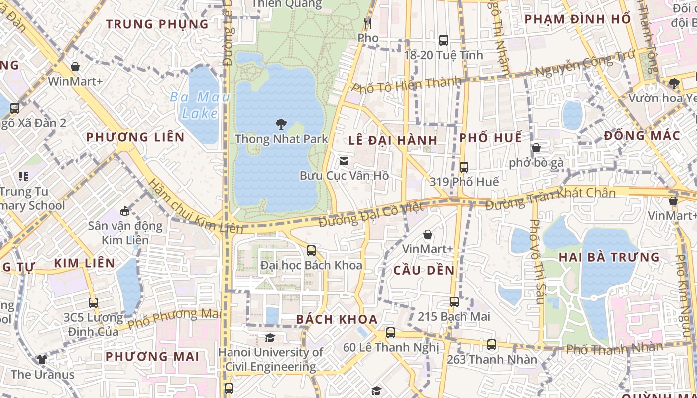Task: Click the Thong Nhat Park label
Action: [x=281, y=138]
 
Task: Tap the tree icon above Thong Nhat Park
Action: [x=281, y=124]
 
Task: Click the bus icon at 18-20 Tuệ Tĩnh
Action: [x=443, y=40]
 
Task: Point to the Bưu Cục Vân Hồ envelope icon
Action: [x=344, y=161]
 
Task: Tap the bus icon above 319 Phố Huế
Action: [x=464, y=167]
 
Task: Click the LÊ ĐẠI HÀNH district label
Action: [x=393, y=140]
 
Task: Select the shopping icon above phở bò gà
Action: [x=536, y=148]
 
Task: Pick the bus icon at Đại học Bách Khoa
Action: [x=311, y=250]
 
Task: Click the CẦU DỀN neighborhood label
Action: [x=424, y=270]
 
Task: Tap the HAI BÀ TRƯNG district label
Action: [x=609, y=257]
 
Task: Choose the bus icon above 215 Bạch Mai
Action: [x=454, y=302]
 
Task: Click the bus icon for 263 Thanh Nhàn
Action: [x=491, y=344]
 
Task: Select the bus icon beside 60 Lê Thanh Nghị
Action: [x=391, y=333]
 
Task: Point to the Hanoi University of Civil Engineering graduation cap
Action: [x=270, y=338]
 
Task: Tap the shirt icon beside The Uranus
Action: [x=42, y=360]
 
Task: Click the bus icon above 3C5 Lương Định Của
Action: [x=93, y=302]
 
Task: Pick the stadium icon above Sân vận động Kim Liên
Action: [x=125, y=211]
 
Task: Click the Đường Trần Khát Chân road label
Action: [x=551, y=198]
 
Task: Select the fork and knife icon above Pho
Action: [x=368, y=23]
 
